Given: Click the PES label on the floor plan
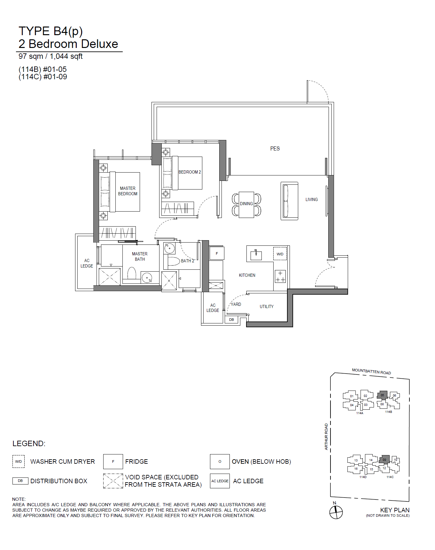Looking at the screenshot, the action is pos(275,149).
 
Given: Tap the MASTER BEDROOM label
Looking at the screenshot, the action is pos(128,191).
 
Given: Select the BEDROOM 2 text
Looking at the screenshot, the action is pos(190,172).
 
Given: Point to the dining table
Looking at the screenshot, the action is pos(246,205).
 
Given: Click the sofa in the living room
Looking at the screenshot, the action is pos(289,201).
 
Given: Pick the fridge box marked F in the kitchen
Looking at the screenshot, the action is pos(217,253).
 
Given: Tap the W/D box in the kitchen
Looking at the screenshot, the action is pos(280,254).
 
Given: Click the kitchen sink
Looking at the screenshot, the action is pos(256,255).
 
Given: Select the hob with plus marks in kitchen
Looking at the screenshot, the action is pos(280,276).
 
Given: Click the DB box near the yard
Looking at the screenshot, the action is pos(232,320).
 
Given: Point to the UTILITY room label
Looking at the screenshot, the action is pos(267,306).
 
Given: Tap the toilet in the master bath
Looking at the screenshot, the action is pos(132,274).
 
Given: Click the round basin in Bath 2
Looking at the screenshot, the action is pos(169,248).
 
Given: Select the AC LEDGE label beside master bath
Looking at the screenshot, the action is pos(87,263).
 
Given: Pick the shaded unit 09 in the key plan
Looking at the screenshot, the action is pos(384,460).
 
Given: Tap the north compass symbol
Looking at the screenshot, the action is pos(336,512).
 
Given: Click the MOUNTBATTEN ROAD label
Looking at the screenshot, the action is pos(371,371).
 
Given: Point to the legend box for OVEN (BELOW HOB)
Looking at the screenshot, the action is pos(220,461).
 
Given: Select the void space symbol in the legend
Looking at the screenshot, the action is pos(113,481).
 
